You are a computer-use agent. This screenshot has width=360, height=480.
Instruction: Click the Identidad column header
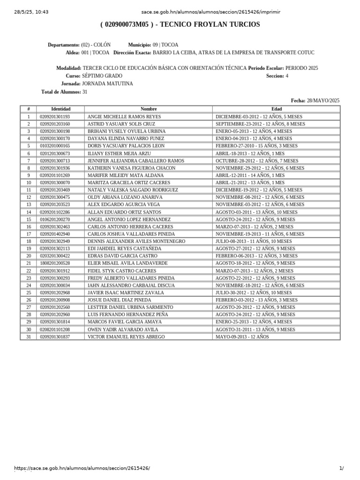pos(60,109)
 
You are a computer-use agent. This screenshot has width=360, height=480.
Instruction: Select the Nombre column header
pos(149,109)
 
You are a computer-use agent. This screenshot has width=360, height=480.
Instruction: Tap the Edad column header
pos(277,109)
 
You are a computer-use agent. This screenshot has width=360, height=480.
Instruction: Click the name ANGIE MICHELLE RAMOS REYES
pos(124,117)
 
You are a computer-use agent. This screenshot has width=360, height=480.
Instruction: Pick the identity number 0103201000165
pos(55,146)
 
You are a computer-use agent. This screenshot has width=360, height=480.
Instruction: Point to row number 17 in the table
pos(29,234)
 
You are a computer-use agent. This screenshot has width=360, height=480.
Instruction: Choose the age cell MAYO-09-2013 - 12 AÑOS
pos(242,337)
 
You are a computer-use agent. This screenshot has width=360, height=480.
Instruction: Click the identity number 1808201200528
pos(55,263)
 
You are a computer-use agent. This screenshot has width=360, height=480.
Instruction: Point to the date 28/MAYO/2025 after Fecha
pos(323,100)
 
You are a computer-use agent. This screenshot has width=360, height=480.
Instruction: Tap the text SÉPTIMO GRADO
pos(102,76)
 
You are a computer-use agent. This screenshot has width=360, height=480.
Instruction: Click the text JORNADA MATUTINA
pos(107,84)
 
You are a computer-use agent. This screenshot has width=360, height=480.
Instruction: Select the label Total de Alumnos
pos(61,92)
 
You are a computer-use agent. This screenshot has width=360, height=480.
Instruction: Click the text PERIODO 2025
pos(301,68)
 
